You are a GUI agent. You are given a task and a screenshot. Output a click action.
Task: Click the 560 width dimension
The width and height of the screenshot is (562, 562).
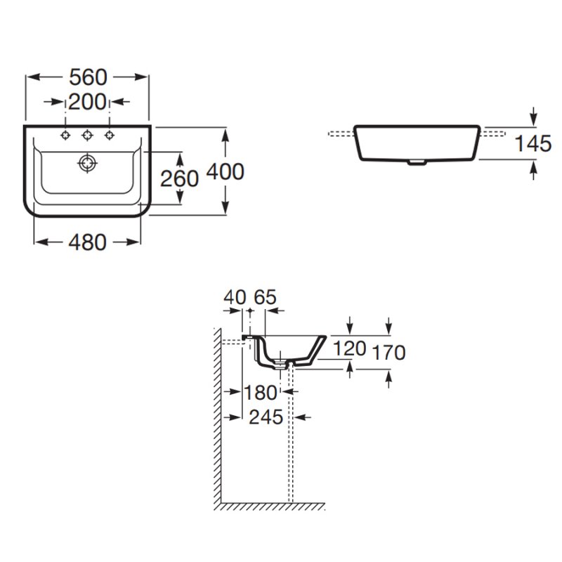(88, 77)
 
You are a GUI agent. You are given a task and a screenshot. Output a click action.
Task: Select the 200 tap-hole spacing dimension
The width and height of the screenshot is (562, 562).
(87, 102)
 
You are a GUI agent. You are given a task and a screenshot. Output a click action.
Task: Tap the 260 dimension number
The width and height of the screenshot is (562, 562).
(180, 178)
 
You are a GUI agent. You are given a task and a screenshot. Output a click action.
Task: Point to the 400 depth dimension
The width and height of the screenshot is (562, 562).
(226, 171)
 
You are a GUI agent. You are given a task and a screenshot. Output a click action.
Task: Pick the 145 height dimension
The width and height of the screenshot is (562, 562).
(532, 144)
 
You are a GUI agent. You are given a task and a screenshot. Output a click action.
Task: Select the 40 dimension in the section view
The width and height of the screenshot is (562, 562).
(234, 297)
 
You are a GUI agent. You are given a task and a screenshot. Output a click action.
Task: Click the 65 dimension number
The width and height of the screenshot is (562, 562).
(265, 297)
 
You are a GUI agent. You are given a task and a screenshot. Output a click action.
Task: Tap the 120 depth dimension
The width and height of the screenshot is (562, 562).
(349, 348)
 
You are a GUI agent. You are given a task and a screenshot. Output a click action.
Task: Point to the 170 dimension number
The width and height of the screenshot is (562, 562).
(389, 352)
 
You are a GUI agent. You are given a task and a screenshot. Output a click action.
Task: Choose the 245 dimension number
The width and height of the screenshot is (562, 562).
(266, 417)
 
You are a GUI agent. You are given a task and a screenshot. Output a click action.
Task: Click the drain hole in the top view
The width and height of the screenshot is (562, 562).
(86, 164)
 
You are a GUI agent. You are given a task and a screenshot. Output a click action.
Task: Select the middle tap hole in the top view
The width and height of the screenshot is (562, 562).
(88, 135)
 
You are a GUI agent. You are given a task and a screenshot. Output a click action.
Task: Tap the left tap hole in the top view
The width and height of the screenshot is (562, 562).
(65, 135)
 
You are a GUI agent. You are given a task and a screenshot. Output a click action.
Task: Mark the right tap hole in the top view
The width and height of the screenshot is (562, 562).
(110, 135)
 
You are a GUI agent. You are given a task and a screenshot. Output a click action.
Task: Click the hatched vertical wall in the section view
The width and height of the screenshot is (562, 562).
(217, 421)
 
